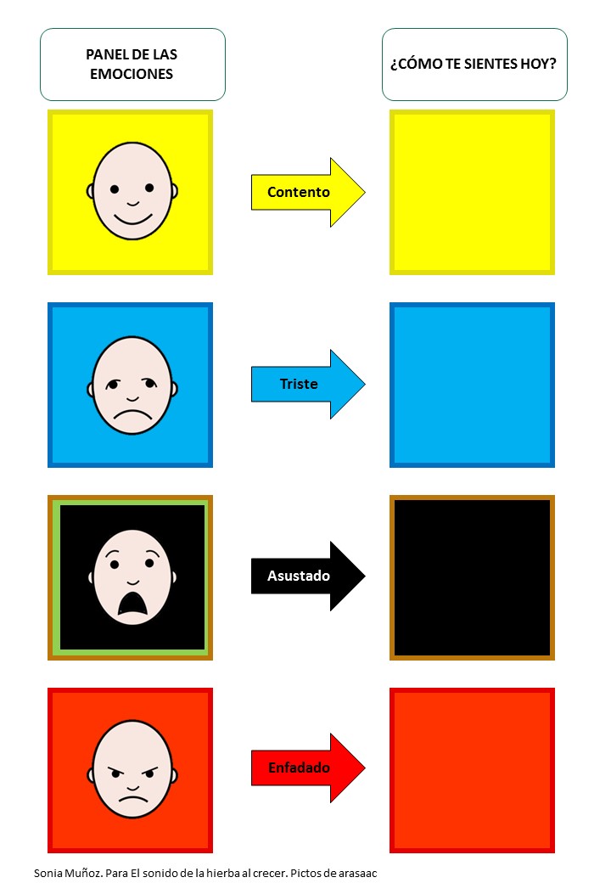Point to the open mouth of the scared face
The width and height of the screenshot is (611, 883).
click(132, 601)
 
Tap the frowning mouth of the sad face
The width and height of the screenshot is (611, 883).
click(132, 417)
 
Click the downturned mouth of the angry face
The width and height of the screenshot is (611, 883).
click(132, 798)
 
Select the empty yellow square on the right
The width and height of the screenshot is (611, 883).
click(472, 192)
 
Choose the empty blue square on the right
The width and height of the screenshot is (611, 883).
click(472, 384)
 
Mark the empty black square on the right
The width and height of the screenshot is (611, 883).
click(472, 576)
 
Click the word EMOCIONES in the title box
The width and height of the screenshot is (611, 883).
click(132, 74)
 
